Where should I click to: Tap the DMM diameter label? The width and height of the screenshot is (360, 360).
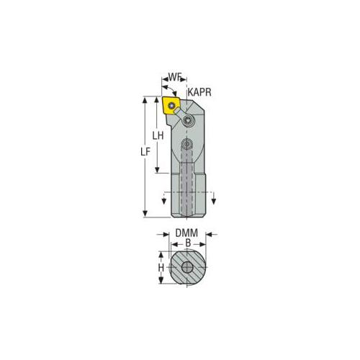click(186, 234)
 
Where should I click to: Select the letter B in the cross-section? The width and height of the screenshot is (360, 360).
click(186, 244)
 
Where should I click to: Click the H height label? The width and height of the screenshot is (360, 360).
click(161, 267)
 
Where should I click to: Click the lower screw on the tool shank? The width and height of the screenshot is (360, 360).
click(187, 145)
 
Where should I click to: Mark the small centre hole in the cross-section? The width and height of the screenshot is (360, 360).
click(187, 268)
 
